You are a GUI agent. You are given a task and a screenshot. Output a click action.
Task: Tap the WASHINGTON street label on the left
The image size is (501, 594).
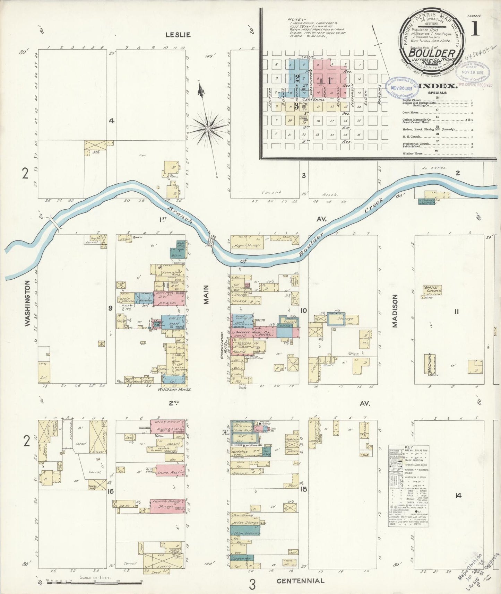[28, 304]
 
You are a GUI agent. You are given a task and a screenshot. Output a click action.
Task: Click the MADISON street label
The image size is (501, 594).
[395, 311]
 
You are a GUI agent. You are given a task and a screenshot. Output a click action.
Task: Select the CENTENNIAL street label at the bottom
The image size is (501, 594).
[300, 581]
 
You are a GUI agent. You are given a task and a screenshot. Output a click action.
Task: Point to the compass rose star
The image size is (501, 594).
[208, 129]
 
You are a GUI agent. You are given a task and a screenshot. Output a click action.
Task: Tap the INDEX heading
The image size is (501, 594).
[438, 86]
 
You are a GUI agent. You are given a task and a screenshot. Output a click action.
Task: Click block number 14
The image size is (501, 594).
[458, 496]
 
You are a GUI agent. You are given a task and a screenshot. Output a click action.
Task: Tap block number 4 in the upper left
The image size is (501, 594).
[111, 121]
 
